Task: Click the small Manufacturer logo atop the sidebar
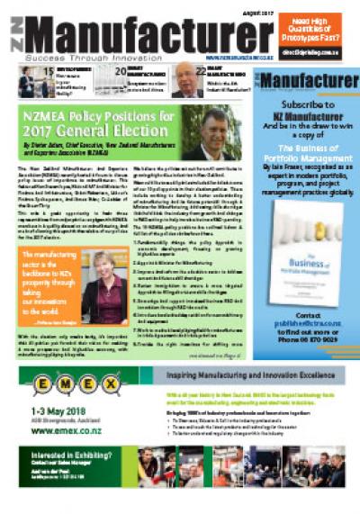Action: tap(308, 82)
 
